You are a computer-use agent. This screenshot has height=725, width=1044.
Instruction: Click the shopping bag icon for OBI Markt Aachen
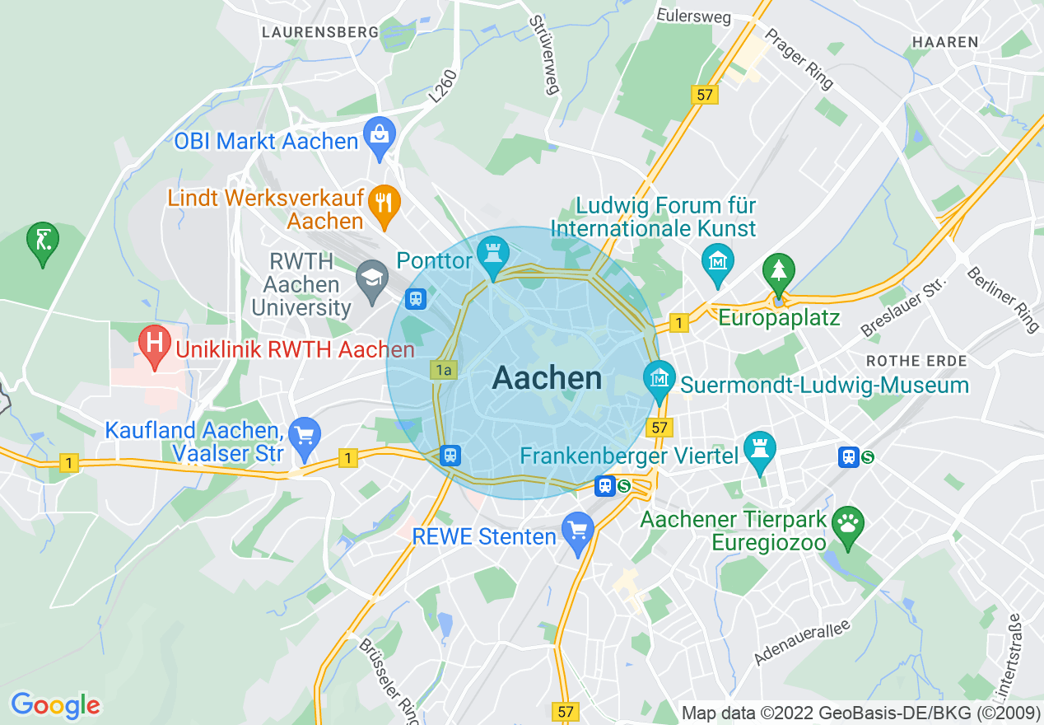(380, 139)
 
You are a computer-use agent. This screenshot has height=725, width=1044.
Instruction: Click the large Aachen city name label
(547, 379)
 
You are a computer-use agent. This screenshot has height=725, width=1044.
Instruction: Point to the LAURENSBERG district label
(319, 32)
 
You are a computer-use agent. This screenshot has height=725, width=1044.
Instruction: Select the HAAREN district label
(945, 42)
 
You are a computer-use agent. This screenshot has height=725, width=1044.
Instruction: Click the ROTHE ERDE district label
(916, 361)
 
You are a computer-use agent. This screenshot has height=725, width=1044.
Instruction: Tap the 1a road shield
(443, 371)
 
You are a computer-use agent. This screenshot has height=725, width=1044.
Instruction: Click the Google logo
(55, 705)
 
